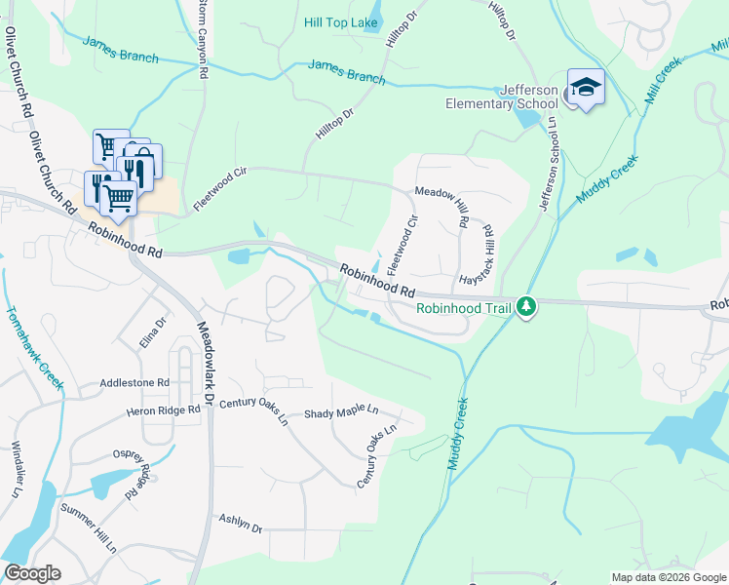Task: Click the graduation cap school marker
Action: [x=585, y=87]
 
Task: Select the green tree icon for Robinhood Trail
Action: [x=526, y=308]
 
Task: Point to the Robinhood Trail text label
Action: [x=464, y=309]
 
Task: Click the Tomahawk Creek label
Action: [x=34, y=345]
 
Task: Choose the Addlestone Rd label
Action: [x=134, y=384]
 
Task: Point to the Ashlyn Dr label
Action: [x=241, y=524]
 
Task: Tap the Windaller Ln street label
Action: [x=16, y=471]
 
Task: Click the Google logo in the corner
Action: [x=32, y=573]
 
